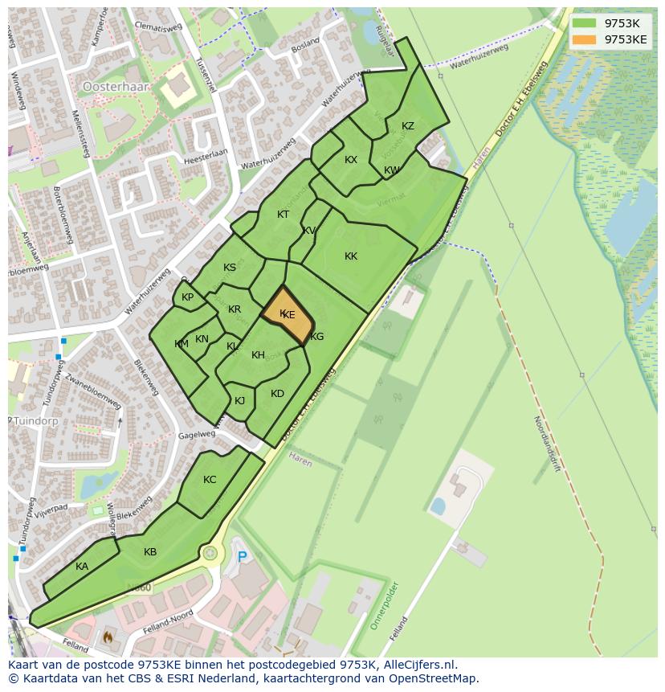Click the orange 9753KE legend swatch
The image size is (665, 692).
tap(584, 39)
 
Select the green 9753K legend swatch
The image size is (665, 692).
tap(584, 23)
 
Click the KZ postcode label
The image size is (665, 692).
tap(408, 126)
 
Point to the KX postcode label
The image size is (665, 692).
tap(351, 160)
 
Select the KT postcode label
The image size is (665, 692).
tap(283, 215)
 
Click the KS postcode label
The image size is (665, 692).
tap(230, 268)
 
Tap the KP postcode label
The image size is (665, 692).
tap(187, 297)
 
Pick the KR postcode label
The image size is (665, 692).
tap(235, 309)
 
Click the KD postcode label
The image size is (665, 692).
tap(277, 394)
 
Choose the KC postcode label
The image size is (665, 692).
tap(210, 480)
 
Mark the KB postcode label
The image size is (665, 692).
tap(150, 552)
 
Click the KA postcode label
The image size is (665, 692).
tap(82, 567)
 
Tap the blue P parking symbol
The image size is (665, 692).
tap(242, 556)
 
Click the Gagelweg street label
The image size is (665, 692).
tap(198, 434)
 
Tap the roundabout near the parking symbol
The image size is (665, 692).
tap(210, 553)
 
